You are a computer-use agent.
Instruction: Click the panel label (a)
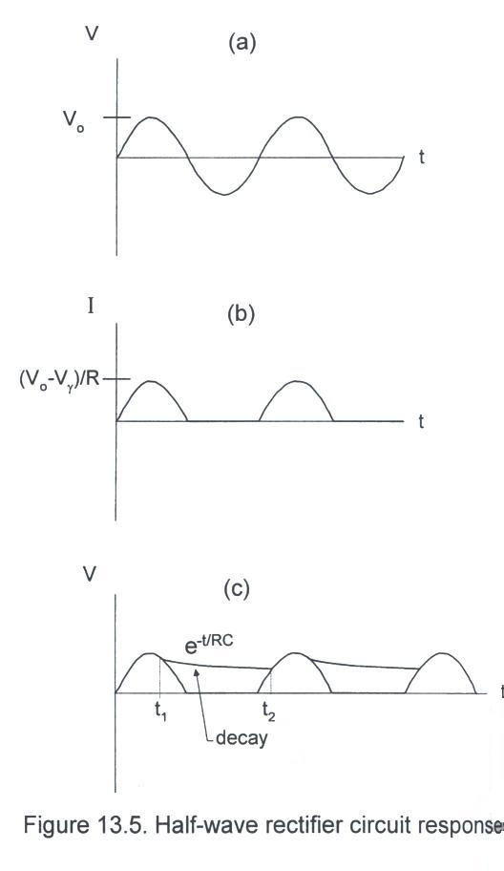point(241,43)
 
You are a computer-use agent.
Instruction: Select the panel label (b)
point(241,314)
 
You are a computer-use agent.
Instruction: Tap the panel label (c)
point(237,588)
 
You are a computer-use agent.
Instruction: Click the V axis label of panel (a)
point(91,33)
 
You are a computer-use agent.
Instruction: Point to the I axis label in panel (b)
point(91,306)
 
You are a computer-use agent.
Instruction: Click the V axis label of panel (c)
point(90,575)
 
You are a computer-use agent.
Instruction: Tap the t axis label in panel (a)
point(422,158)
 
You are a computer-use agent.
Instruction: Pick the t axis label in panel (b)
point(421,421)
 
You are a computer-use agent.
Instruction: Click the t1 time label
point(161,712)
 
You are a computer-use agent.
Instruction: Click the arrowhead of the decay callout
point(195,672)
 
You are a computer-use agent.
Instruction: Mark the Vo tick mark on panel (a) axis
point(116,117)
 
